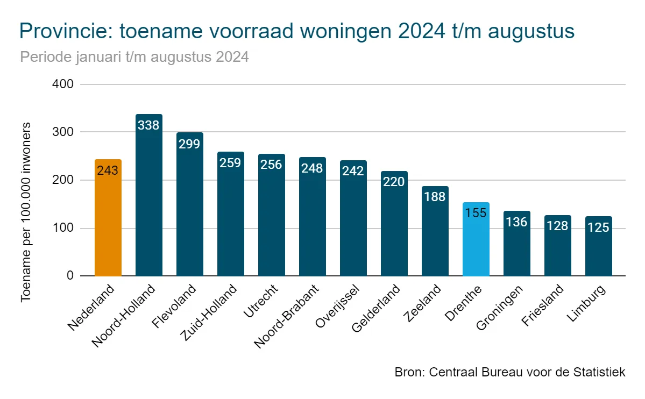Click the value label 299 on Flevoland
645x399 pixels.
(x=190, y=144)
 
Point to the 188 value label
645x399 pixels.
(x=435, y=197)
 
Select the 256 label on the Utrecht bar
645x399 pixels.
(x=272, y=165)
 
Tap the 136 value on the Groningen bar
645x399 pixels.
(x=517, y=222)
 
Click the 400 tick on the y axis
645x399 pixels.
(x=63, y=84)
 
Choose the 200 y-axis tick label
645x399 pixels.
(x=63, y=180)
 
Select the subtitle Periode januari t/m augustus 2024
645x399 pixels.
(x=134, y=57)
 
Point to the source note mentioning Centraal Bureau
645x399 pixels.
(x=510, y=372)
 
